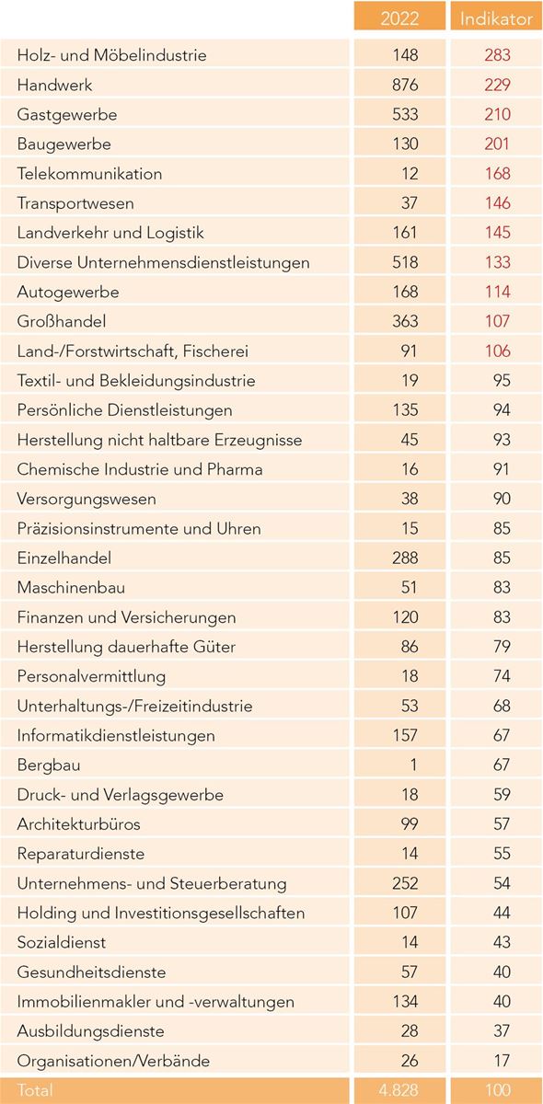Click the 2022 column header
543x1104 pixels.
pyautogui.click(x=399, y=18)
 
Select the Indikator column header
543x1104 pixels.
pyautogui.click(x=496, y=18)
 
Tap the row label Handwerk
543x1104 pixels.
pyautogui.click(x=54, y=85)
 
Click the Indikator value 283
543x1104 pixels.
pyautogui.click(x=497, y=54)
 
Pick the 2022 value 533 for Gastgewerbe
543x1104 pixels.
pyautogui.click(x=405, y=114)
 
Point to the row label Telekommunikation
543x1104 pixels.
pyautogui.click(x=89, y=174)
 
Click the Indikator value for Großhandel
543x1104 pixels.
pyautogui.click(x=497, y=321)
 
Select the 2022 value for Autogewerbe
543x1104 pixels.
pyautogui.click(x=405, y=292)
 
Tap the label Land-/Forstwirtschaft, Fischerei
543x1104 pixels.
pyautogui.click(x=133, y=351)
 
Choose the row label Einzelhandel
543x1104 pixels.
pyautogui.click(x=64, y=558)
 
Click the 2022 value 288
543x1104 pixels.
pyautogui.click(x=405, y=558)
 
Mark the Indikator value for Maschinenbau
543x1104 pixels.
pyautogui.click(x=502, y=588)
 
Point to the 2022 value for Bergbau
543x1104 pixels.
pyautogui.click(x=413, y=765)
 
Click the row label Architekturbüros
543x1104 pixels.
pyautogui.click(x=78, y=824)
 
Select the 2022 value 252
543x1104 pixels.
pyautogui.click(x=405, y=883)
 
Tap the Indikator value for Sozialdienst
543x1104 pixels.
pyautogui.click(x=502, y=942)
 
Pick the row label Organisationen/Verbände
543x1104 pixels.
pyautogui.click(x=113, y=1061)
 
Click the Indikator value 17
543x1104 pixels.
pyautogui.click(x=502, y=1061)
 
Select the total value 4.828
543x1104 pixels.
pyautogui.click(x=399, y=1089)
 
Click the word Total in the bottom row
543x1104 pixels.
pyautogui.click(x=35, y=1089)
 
